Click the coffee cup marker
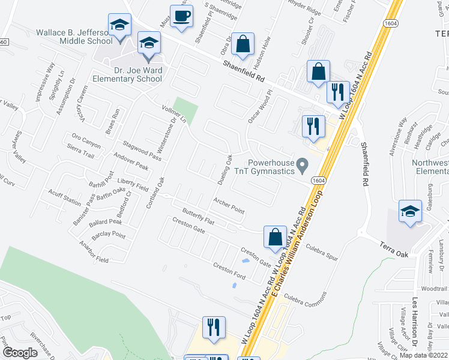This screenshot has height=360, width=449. pyautogui.click(x=182, y=17)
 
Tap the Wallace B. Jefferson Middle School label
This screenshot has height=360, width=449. pyautogui.click(x=74, y=37)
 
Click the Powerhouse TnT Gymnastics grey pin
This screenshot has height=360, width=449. pyautogui.click(x=303, y=164)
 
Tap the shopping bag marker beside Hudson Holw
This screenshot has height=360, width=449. pyautogui.click(x=243, y=44)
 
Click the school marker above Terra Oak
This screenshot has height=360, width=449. pyautogui.click(x=410, y=212)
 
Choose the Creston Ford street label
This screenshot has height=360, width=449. pyautogui.click(x=231, y=271)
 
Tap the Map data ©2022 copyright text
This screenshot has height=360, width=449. pyautogui.click(x=424, y=355)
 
